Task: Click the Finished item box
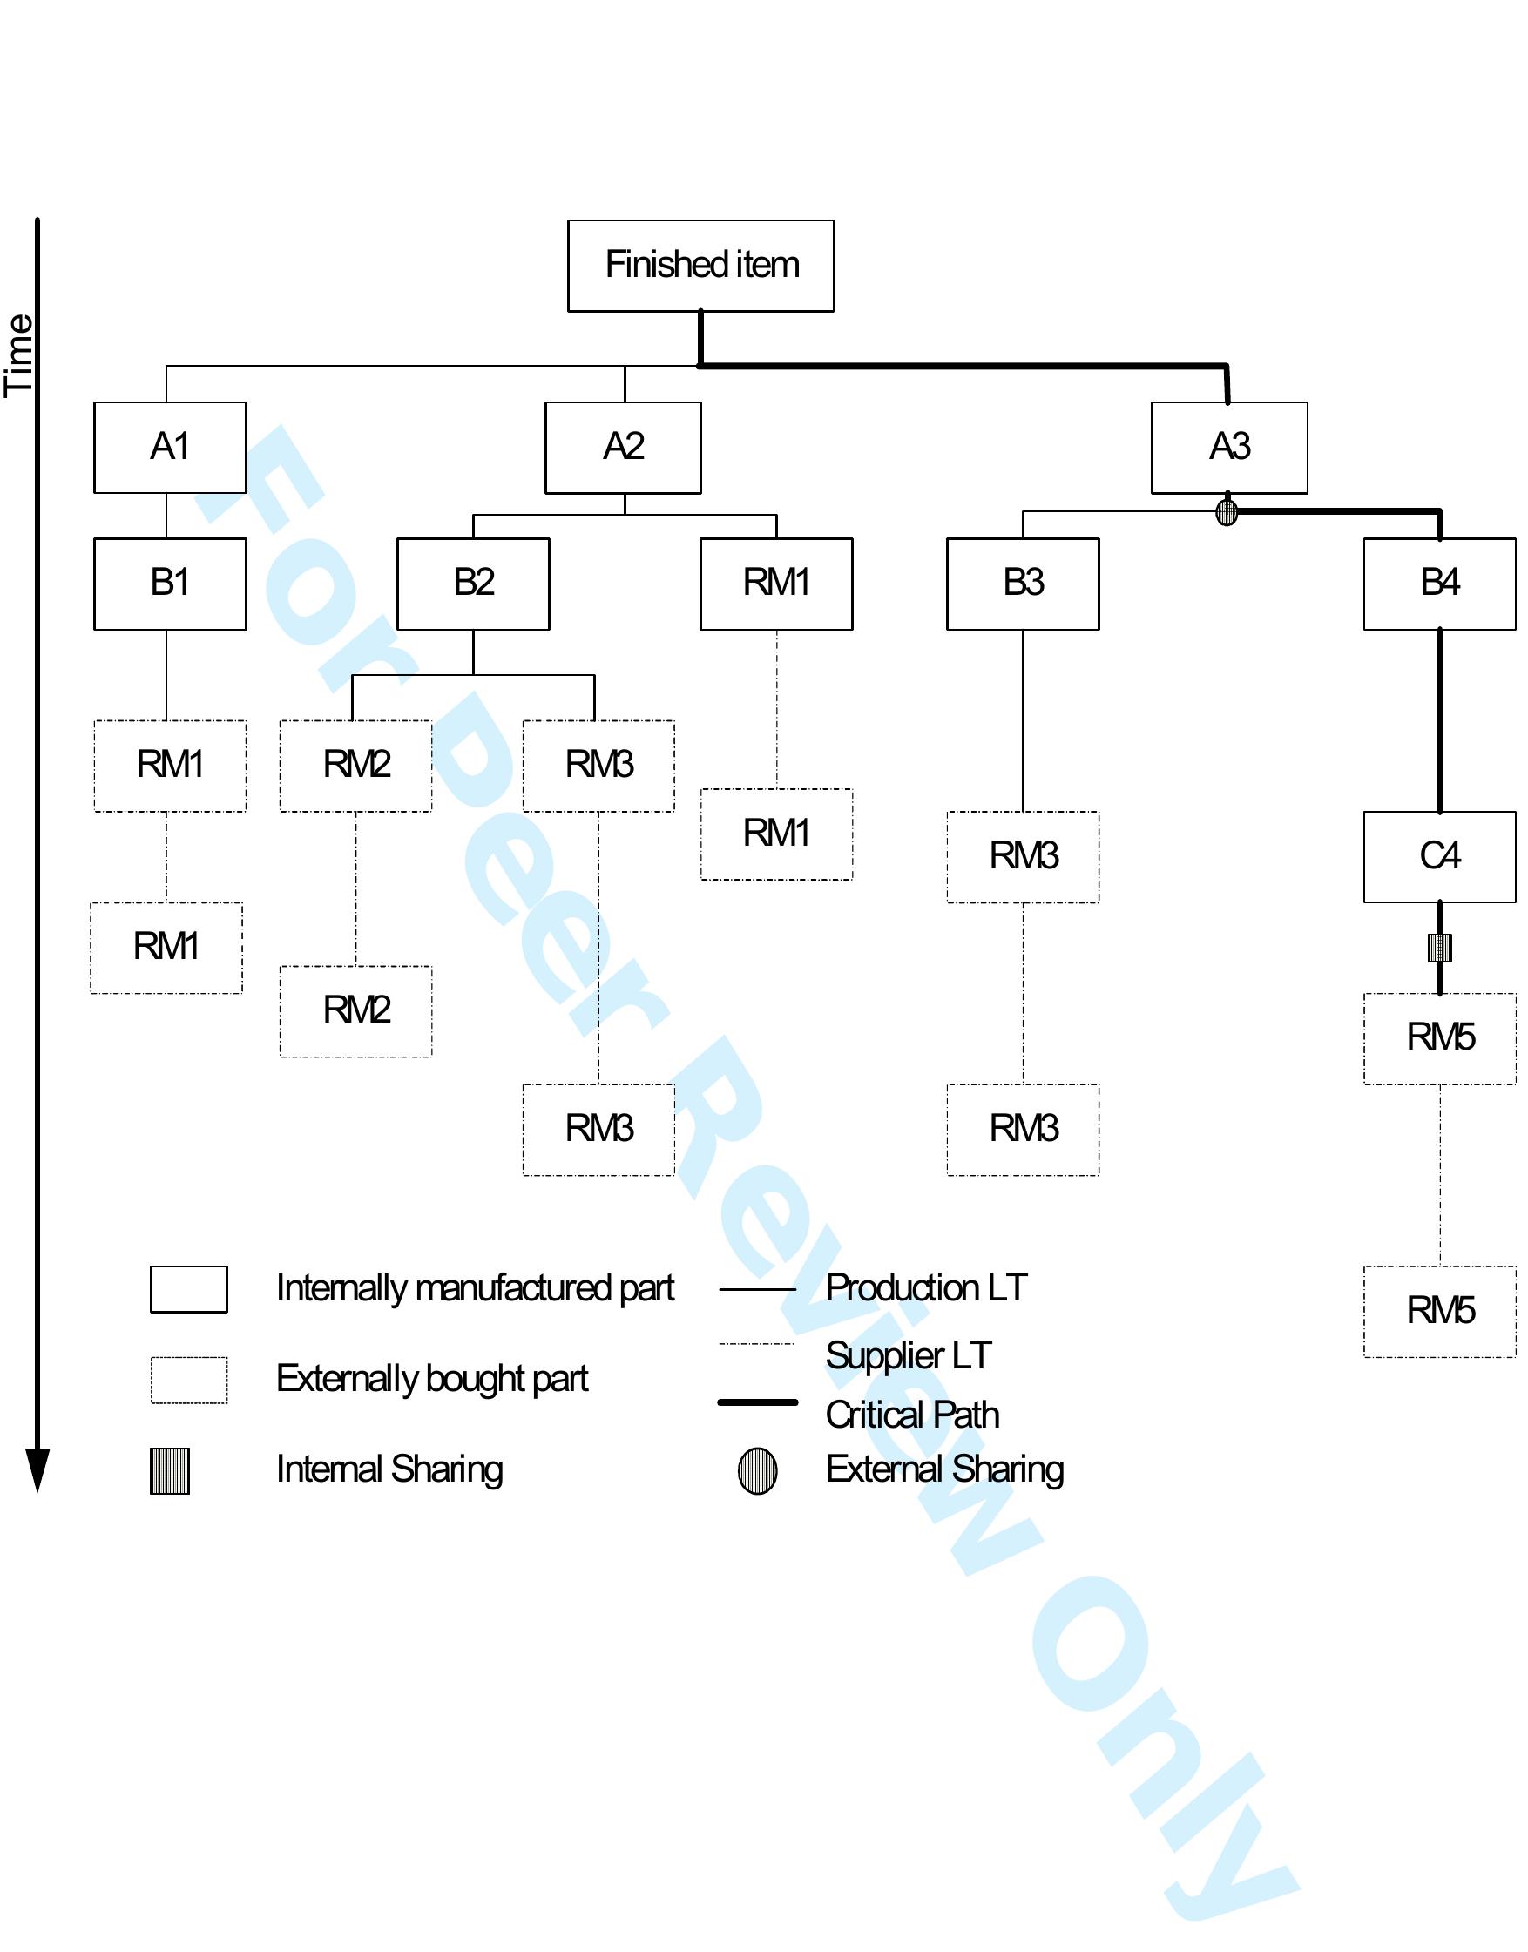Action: (x=700, y=266)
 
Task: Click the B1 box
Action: (x=170, y=584)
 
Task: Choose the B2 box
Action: (x=472, y=584)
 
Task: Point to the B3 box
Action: (x=1023, y=584)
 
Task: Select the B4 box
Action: (x=1438, y=584)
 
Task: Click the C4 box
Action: (x=1438, y=856)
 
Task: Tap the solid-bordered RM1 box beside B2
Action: (x=775, y=584)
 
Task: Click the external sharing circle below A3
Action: (x=1227, y=512)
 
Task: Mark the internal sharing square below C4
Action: (x=1438, y=948)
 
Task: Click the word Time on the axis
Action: (x=20, y=355)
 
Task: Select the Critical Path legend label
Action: (x=911, y=1415)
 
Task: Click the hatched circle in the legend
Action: (x=757, y=1470)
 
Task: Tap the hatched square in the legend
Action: (x=170, y=1470)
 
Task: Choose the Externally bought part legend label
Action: (x=432, y=1379)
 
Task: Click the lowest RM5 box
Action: (x=1438, y=1312)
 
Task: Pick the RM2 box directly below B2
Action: (x=355, y=765)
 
